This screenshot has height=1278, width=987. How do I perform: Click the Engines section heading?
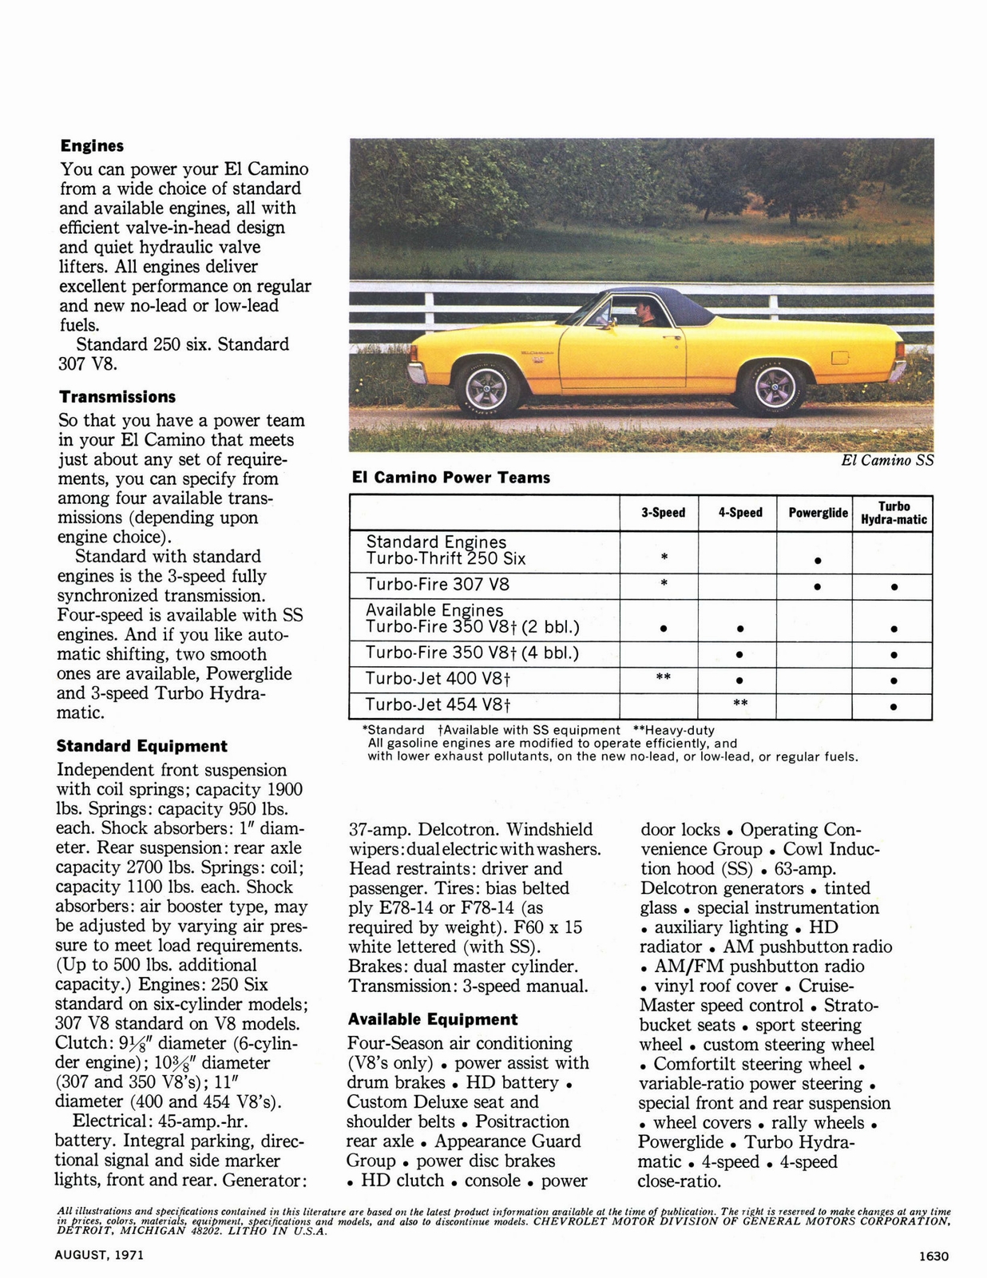[x=92, y=146]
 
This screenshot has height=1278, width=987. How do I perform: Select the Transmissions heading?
[x=117, y=397]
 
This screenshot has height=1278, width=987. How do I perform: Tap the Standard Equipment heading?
[x=141, y=746]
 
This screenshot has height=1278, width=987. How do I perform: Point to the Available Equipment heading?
[x=432, y=1019]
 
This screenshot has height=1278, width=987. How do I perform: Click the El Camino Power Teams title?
[x=451, y=478]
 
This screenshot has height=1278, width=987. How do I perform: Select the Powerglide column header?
[x=818, y=513]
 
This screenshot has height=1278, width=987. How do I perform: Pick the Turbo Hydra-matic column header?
[x=894, y=513]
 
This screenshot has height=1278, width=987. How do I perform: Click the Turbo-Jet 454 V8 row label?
[x=438, y=704]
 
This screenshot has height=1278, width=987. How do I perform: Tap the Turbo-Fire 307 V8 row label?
[x=437, y=584]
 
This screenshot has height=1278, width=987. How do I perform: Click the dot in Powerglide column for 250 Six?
[x=818, y=560]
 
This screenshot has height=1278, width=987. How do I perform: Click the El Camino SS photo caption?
[x=887, y=460]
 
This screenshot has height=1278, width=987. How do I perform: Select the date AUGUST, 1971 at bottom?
[x=99, y=1255]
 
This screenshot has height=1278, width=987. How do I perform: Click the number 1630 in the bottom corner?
[x=933, y=1256]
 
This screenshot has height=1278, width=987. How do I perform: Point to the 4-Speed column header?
[x=739, y=513]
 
